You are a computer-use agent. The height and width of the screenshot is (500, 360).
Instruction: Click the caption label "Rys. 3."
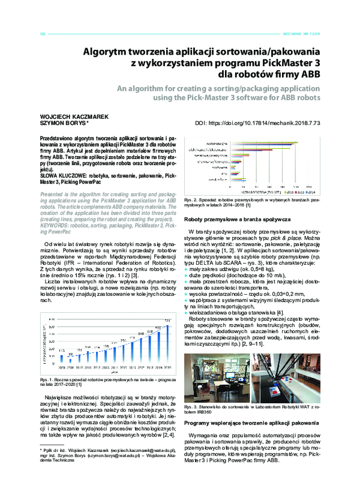[191, 408]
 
